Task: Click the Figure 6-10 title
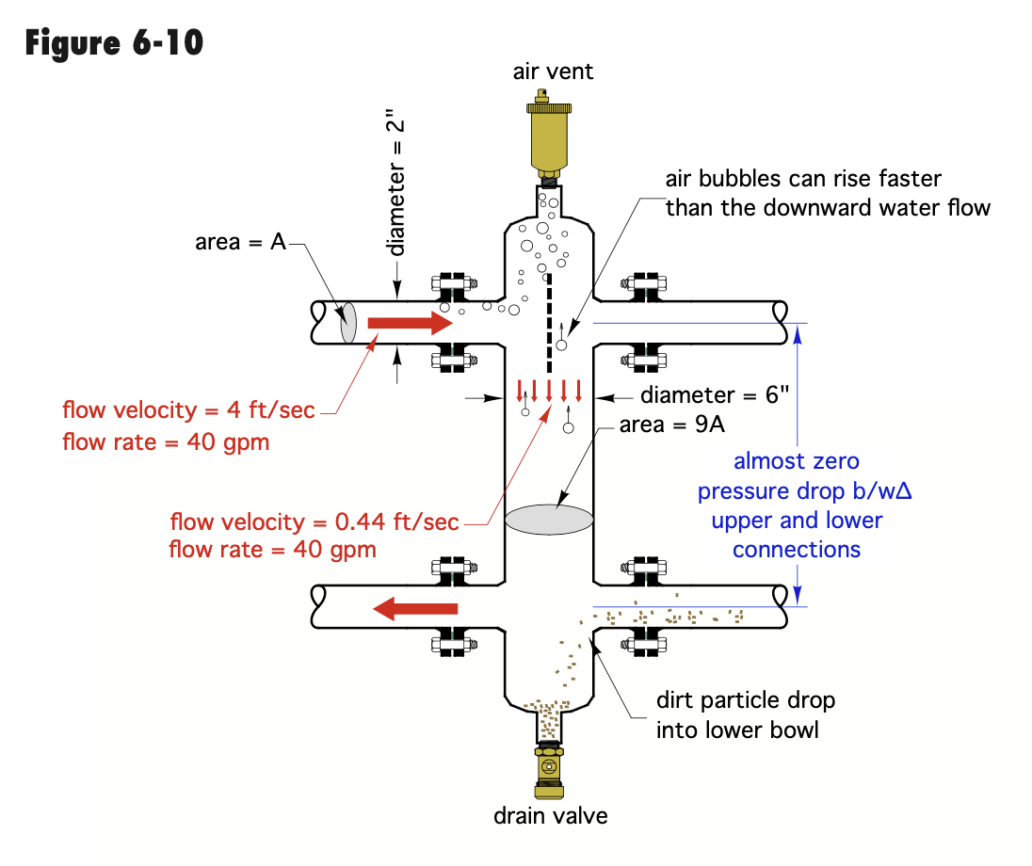[x=114, y=41]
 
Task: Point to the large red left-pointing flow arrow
[x=415, y=609]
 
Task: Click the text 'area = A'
[x=240, y=242]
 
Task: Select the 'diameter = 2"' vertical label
[x=399, y=187]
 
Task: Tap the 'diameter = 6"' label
[x=701, y=396]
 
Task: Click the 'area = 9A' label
[x=672, y=425]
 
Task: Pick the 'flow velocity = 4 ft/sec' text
[x=188, y=410]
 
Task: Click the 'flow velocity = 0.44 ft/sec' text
[x=314, y=522]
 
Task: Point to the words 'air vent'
[x=554, y=72]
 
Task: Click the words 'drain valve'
[x=551, y=815]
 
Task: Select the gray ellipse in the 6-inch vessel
[x=550, y=521]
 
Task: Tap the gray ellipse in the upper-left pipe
[x=347, y=324]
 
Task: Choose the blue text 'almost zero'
[x=797, y=461]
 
